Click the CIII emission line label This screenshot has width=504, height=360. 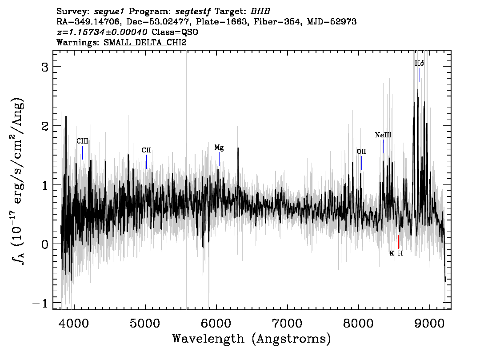82,141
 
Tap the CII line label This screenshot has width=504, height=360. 146,150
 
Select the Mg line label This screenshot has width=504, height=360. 219,148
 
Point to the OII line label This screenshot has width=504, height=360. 361,152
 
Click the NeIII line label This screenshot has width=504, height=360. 383,135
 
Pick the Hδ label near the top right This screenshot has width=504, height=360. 420,63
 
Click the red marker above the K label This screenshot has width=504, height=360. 394,242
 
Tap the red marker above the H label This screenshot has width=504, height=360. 399,242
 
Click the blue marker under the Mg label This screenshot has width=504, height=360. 219,159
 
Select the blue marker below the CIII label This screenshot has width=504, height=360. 83,153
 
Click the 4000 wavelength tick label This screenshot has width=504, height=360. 74,323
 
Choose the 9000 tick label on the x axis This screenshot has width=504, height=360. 429,323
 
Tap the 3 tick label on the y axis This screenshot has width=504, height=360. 45,67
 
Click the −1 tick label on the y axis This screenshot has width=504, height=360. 40,304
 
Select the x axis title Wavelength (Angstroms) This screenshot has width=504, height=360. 252,339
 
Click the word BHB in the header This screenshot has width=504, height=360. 260,12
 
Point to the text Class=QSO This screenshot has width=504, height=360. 175,32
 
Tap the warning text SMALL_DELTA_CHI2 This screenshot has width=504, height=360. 145,43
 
